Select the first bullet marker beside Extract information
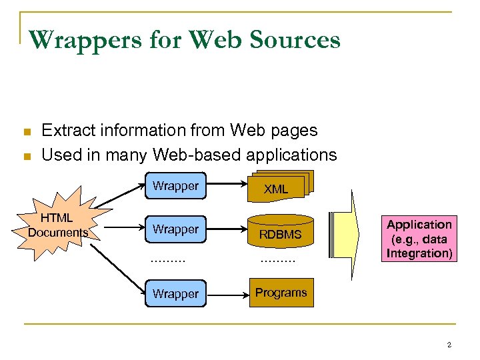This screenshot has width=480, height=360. (x=27, y=131)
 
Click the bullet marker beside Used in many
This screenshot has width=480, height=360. (x=27, y=156)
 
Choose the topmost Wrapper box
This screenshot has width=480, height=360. (x=175, y=187)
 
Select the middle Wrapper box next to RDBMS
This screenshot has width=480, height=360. (x=175, y=230)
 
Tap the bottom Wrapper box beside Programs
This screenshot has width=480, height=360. (x=175, y=293)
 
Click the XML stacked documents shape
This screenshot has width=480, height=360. (x=276, y=188)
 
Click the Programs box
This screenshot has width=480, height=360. (x=281, y=293)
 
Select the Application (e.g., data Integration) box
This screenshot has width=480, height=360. (x=419, y=239)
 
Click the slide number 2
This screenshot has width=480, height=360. (x=449, y=345)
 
